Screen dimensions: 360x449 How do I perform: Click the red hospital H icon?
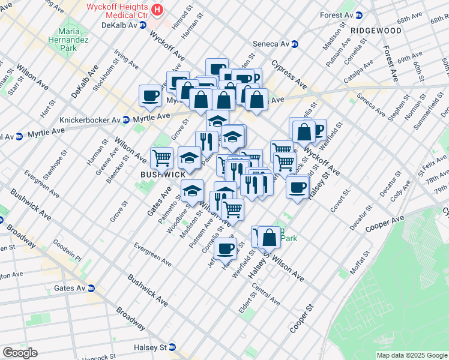157,10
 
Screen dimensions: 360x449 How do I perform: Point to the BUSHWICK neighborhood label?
163,174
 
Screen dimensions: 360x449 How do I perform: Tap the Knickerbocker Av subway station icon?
125,119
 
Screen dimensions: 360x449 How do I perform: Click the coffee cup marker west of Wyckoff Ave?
150,95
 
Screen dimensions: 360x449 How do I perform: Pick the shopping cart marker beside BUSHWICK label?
161,158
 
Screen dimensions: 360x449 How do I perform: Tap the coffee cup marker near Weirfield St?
226,248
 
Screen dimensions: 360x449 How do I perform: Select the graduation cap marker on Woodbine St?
191,191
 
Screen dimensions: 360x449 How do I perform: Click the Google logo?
20,353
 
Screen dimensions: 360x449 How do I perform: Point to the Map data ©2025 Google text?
412,355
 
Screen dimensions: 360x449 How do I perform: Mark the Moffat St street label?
362,262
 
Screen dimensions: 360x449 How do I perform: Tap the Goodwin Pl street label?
67,249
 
